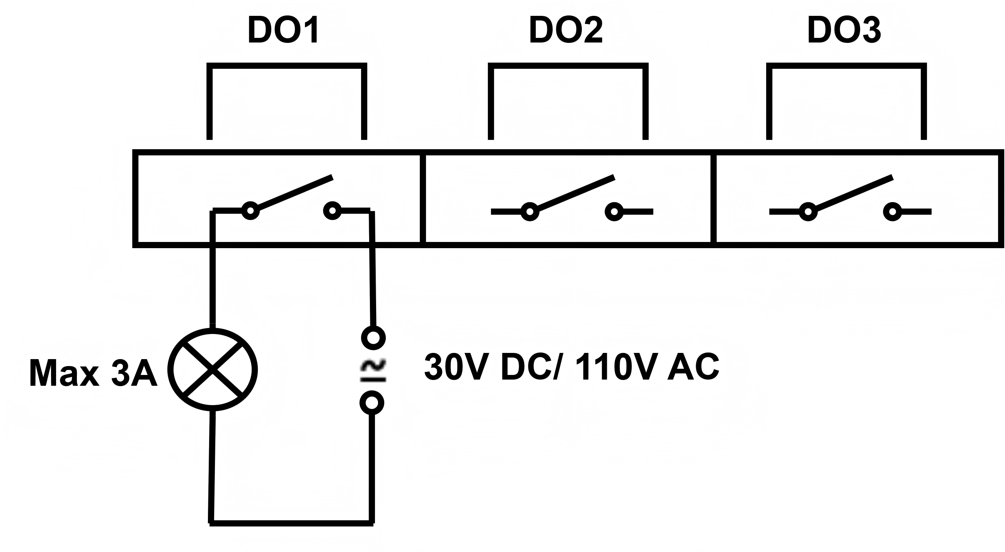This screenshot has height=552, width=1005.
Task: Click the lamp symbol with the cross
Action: pos(213,369)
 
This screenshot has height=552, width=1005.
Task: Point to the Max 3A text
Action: pos(93,374)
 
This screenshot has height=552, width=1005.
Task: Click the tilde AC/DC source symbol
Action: pos(373,370)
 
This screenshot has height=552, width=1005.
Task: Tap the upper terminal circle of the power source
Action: pos(373,337)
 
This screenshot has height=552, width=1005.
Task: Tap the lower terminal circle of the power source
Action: pos(372,402)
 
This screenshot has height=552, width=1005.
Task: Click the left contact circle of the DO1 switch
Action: pos(250,211)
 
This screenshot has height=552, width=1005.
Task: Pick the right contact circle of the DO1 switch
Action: pos(332,211)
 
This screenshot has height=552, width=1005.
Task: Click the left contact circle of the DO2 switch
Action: pos(530,212)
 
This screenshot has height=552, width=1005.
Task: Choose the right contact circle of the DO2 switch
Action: pos(615,212)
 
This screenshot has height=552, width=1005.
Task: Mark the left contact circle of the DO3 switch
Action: pos(808,212)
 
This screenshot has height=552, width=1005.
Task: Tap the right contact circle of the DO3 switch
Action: pos(892,212)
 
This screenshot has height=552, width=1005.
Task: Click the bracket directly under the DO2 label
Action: pos(568,66)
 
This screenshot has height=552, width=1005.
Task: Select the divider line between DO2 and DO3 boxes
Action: pos(713,199)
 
